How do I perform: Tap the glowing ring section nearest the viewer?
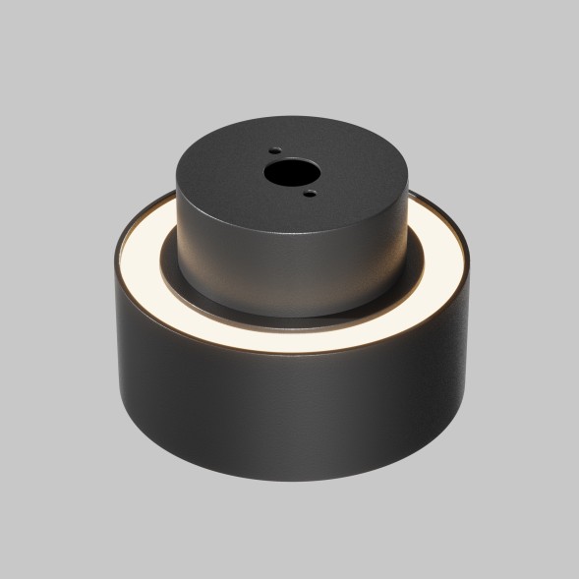pyautogui.click(x=295, y=340)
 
